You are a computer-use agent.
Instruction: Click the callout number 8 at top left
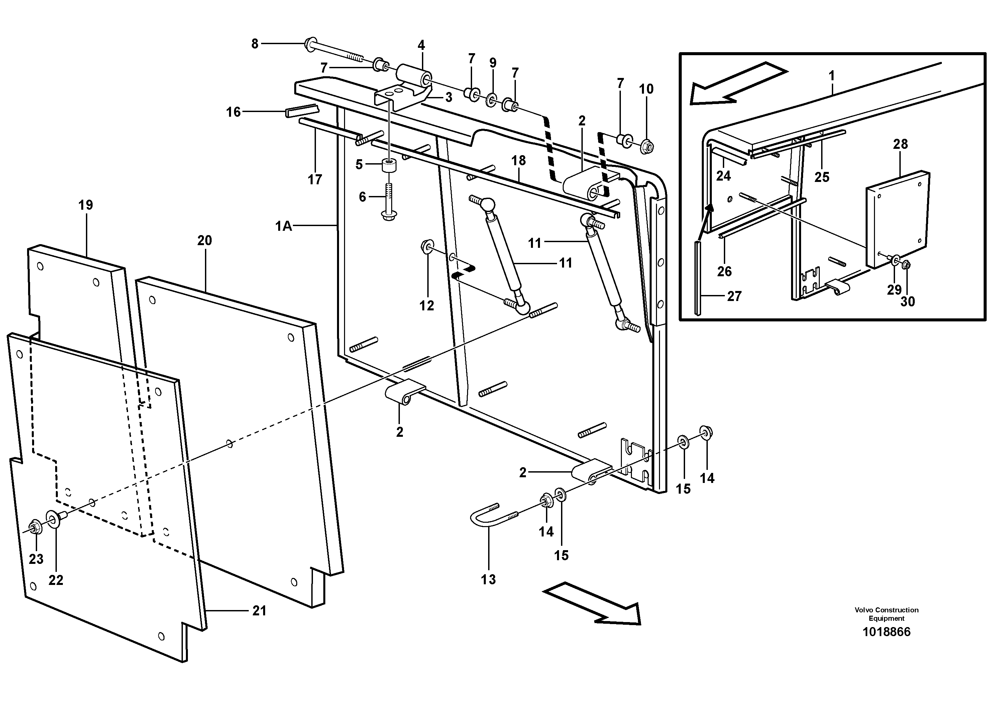tap(254, 44)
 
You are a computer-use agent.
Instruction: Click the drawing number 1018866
tap(886, 632)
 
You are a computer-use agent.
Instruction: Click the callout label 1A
tap(284, 226)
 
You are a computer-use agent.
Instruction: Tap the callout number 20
tap(205, 240)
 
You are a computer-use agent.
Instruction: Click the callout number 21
tap(259, 611)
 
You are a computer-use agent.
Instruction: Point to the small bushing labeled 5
tap(389, 165)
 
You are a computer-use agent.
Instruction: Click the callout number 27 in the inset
tap(734, 296)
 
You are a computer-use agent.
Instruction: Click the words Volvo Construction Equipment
tap(886, 614)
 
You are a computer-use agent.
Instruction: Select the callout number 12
tap(426, 306)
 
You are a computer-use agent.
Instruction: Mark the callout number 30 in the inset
tap(907, 301)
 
